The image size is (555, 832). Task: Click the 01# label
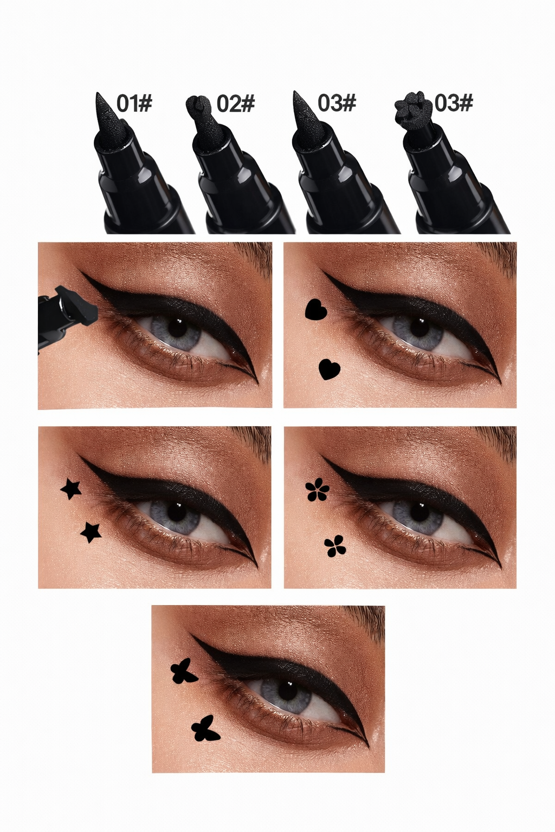pos(134,103)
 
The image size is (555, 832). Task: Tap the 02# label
pos(236,103)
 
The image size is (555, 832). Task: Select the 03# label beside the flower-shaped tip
pos(454,103)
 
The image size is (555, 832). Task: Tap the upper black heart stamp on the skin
pos(316,309)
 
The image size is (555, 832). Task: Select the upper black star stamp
pos(70,490)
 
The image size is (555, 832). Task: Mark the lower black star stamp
pos(91,532)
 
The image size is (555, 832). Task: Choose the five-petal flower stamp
pos(317,490)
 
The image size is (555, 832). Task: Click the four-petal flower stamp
pos(335,545)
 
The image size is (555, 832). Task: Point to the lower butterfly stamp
pos(205,728)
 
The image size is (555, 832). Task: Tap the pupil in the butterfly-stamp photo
pos(287,691)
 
